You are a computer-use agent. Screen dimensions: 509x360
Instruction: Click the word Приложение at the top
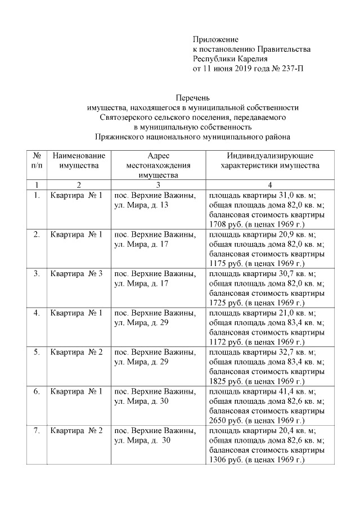point(216,40)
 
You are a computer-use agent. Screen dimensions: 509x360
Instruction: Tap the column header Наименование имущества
point(79,160)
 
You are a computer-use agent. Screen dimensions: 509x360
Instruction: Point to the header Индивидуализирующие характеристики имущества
point(270,160)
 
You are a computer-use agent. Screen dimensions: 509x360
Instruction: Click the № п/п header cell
point(37,160)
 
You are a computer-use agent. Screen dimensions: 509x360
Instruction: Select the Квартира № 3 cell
point(76,274)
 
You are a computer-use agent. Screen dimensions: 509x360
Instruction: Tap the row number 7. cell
point(37,431)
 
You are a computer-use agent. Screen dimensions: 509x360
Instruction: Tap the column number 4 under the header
point(270,184)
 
